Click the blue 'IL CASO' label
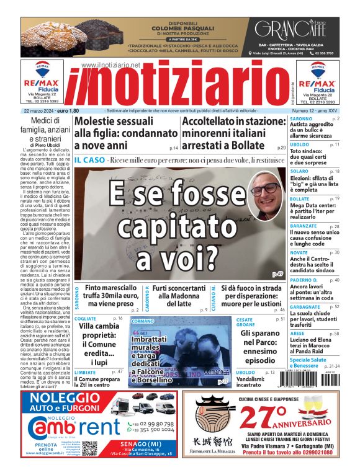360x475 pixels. pos(88,161)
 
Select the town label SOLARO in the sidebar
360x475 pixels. pos(299,171)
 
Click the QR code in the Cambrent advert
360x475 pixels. pos(89,448)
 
